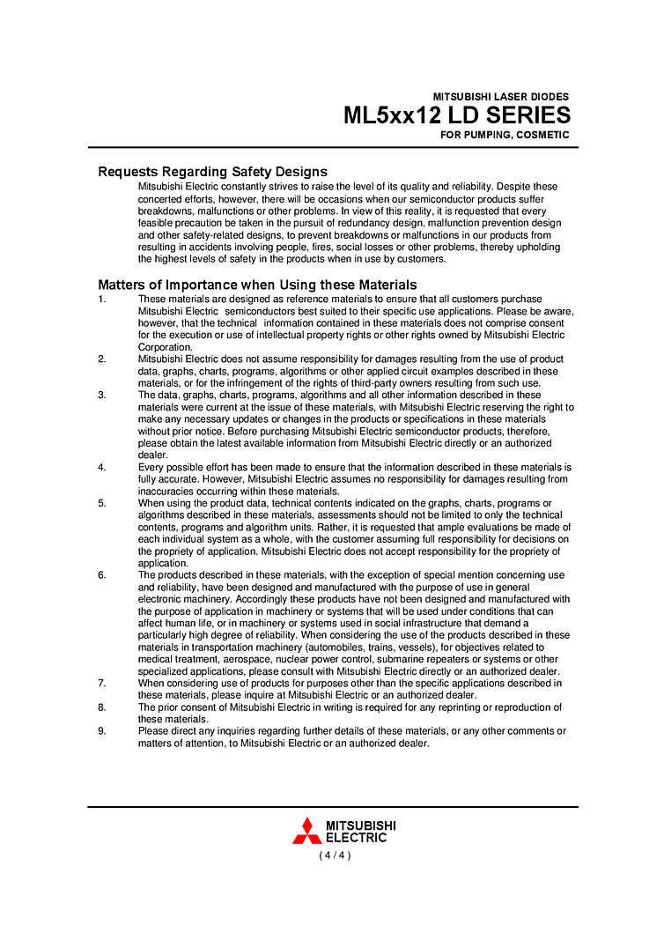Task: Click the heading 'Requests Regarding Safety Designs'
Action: coord(212,172)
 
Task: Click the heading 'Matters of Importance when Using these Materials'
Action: coord(257,285)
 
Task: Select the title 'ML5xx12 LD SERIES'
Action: coord(456,115)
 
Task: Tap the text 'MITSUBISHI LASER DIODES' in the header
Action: coord(500,97)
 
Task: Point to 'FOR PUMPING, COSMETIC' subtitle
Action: coord(505,135)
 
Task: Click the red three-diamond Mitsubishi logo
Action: coord(306,831)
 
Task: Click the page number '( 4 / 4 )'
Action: coord(335,855)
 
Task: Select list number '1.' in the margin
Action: coord(102,300)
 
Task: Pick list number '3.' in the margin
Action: coord(102,396)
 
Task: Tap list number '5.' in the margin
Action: coord(102,503)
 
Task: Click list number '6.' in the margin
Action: coord(102,575)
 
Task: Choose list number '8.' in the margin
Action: coord(102,707)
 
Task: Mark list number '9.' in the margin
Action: coord(102,731)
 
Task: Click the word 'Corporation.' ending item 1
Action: coord(166,347)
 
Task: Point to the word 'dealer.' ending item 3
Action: coord(153,455)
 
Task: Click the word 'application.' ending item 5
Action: coord(163,563)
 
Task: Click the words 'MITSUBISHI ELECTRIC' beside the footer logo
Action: coord(360,832)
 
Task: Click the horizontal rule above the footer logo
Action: coord(333,806)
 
